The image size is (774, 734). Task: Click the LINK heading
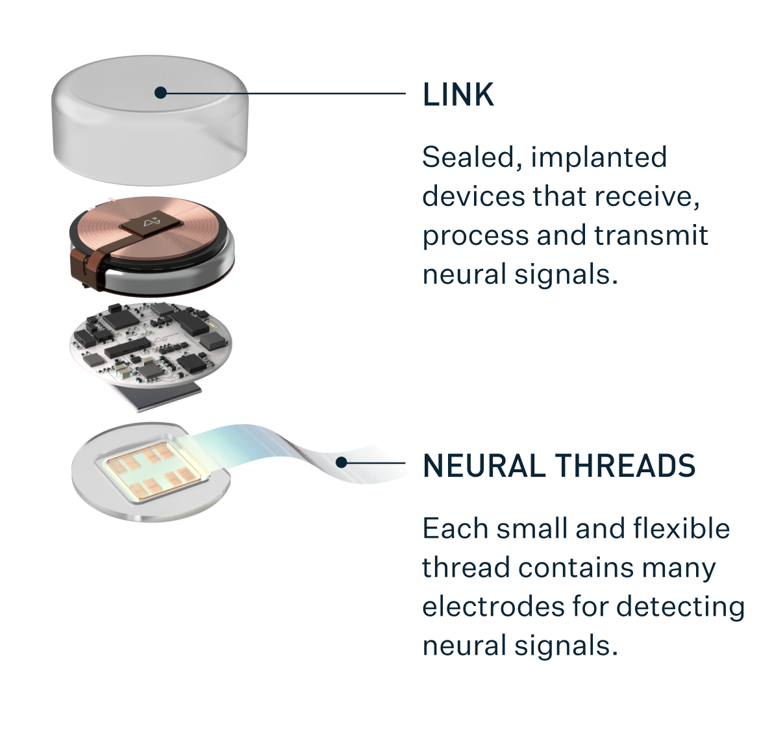pos(458,95)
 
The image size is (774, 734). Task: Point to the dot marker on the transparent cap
pos(160,93)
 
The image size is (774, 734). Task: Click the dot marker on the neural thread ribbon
pos(342,462)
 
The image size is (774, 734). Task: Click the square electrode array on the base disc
pos(151,472)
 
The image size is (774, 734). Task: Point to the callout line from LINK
pos(286,94)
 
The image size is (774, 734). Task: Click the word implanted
pos(599,157)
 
